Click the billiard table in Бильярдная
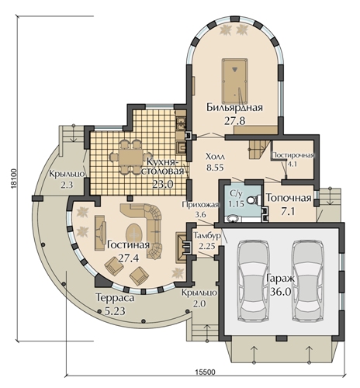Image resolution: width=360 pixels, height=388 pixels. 234,81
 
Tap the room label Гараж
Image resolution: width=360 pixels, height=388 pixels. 280,279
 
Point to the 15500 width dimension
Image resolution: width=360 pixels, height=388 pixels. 205,372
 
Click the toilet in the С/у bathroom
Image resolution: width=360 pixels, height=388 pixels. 254,200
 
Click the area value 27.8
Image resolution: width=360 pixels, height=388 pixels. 234,120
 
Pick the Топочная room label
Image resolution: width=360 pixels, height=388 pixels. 289,198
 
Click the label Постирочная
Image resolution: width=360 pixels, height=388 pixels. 292,155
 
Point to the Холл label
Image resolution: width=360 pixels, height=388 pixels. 215,157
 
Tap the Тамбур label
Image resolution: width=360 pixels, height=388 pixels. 207,236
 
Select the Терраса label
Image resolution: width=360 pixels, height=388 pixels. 115,298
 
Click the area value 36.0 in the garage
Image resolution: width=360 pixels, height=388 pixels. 281,292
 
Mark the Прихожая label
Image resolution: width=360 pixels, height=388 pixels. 201,205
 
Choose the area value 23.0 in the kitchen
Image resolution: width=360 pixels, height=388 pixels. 162,184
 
